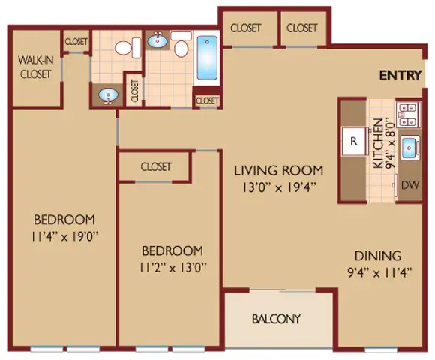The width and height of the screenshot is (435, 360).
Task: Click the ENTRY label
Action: (400, 76)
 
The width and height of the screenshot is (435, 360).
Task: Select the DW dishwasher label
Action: (410, 185)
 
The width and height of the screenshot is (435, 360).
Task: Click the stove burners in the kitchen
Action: (409, 115)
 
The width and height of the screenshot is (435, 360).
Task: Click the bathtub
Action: (207, 58)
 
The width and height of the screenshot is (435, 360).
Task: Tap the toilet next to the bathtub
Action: (181, 44)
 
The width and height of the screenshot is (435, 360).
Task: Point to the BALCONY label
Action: (276, 319)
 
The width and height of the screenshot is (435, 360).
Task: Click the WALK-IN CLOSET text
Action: (36, 67)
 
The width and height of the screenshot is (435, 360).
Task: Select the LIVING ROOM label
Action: (279, 170)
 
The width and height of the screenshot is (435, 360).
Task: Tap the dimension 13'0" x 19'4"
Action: (279, 187)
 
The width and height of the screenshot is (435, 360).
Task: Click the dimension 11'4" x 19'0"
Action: (64, 237)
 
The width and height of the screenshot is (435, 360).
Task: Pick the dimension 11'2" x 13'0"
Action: (172, 268)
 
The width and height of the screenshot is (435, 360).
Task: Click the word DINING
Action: (378, 256)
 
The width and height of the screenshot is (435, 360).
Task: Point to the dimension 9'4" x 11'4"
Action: (379, 273)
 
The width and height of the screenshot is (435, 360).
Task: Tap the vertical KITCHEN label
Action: (379, 143)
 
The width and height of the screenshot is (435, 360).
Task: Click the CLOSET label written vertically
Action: (134, 91)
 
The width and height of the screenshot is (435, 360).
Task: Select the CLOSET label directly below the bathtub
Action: (207, 100)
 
